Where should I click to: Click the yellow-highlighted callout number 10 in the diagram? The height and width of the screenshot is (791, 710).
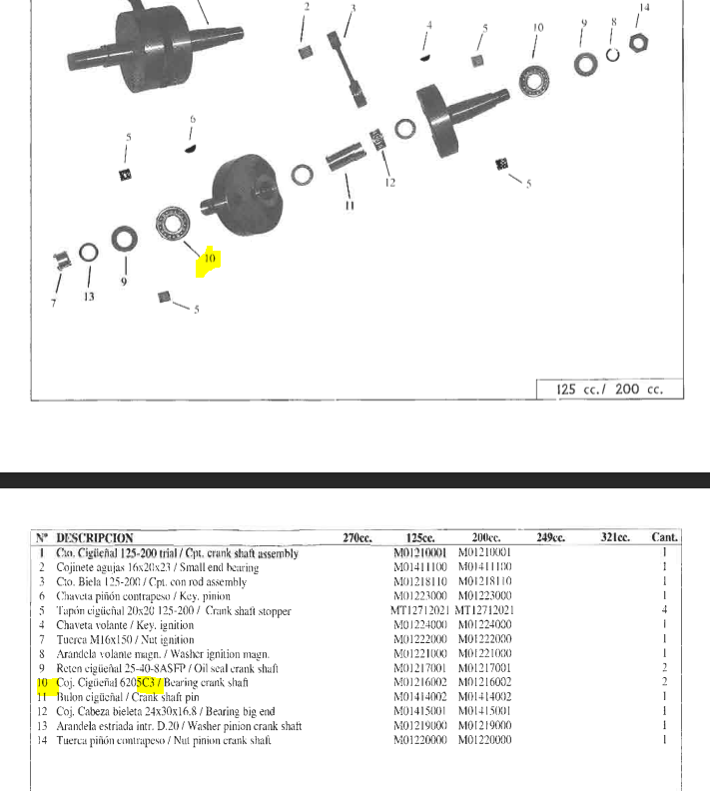pos(210,259)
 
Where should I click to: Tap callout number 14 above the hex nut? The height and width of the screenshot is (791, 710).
pos(644,8)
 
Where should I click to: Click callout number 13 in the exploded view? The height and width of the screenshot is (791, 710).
pos(89,296)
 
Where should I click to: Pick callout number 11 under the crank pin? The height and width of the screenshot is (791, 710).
pos(350,207)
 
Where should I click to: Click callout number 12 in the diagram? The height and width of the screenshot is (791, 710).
pos(390,183)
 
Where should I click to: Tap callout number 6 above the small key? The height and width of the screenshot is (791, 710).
pos(192,120)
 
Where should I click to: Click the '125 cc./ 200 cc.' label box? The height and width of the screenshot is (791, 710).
pos(608,390)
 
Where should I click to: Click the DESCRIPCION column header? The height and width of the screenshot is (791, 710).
pos(95,538)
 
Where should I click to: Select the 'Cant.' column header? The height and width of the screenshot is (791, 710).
pos(664,538)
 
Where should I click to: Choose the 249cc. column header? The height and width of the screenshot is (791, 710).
pos(550,538)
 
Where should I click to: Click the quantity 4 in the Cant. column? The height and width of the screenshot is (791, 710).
pos(664,610)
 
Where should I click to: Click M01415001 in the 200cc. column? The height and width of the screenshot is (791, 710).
pos(484,711)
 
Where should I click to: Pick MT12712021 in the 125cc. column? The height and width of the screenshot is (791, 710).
pos(421,610)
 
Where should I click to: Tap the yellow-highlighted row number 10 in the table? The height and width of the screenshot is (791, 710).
pos(43,682)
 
